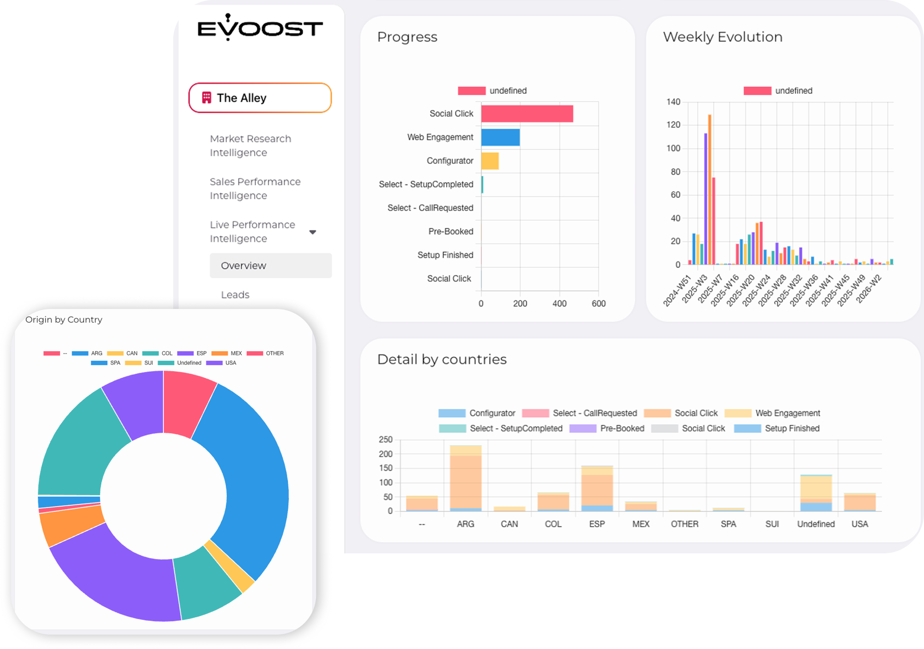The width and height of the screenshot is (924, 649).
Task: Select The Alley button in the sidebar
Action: [260, 98]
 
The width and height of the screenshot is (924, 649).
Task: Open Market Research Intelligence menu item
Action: [250, 146]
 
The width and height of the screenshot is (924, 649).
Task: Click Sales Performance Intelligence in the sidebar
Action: [255, 188]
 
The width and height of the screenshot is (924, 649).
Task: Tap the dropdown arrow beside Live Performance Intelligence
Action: [313, 232]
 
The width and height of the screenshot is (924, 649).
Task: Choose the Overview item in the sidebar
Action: [271, 266]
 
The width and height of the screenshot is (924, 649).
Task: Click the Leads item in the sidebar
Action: [235, 295]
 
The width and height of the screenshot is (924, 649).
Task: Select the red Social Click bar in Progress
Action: [527, 114]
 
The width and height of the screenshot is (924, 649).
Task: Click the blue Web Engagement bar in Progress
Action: [500, 137]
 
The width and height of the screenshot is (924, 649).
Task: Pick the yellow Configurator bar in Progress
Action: [490, 161]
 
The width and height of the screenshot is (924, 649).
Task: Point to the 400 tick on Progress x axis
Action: [559, 303]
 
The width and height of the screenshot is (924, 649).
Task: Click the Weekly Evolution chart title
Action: [723, 37]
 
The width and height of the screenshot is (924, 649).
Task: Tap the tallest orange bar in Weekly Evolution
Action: [710, 189]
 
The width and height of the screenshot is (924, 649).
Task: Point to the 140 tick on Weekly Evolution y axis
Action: [673, 102]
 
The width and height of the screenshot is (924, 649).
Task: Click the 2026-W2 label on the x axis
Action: [869, 289]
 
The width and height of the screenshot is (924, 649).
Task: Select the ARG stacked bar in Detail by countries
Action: [466, 478]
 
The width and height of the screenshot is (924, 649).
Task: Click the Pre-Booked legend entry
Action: [607, 428]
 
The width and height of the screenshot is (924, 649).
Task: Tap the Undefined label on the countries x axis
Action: [816, 524]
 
